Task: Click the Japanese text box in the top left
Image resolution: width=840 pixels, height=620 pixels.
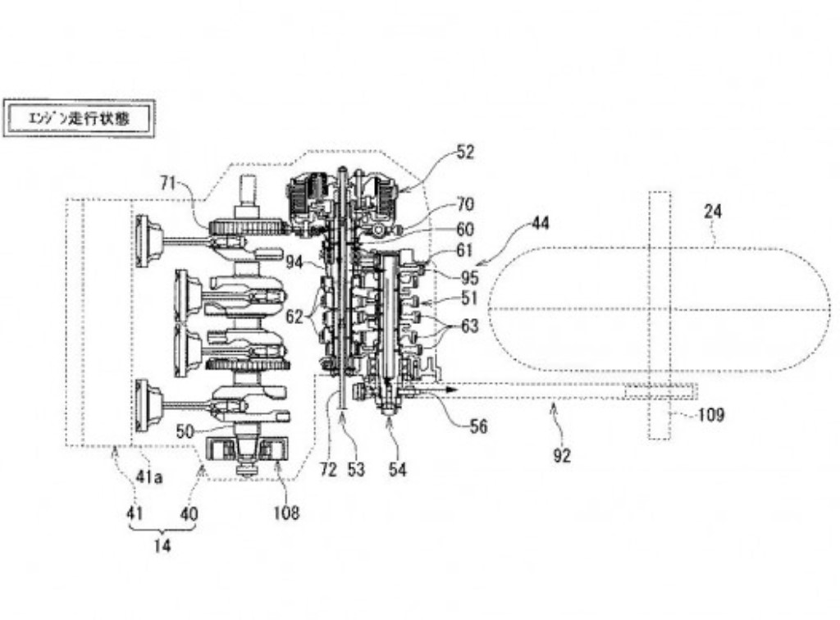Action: pyautogui.click(x=79, y=118)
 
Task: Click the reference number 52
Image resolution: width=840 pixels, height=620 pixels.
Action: pyautogui.click(x=465, y=152)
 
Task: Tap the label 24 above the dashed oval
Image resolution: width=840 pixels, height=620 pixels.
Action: pyautogui.click(x=713, y=212)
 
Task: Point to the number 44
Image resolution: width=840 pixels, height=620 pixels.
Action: pyautogui.click(x=540, y=222)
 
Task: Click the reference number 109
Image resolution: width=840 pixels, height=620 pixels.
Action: pyautogui.click(x=711, y=414)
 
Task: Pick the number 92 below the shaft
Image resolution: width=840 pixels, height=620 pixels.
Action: pyautogui.click(x=561, y=455)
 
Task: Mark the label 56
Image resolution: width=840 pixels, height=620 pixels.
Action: pyautogui.click(x=478, y=426)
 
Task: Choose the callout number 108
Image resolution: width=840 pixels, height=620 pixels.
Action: pyautogui.click(x=286, y=513)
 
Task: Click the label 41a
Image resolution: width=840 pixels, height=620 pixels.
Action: pyautogui.click(x=149, y=476)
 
